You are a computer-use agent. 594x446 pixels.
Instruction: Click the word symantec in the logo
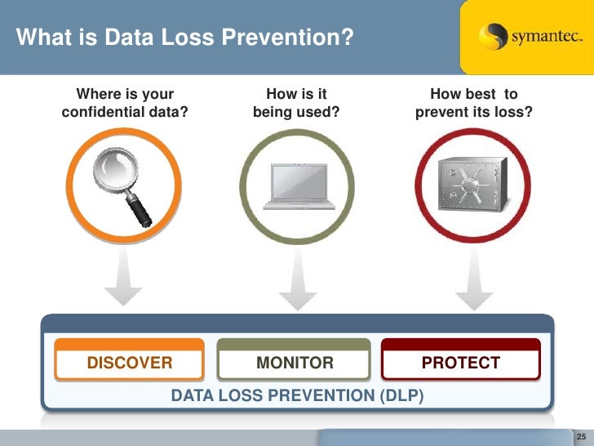tap(544, 38)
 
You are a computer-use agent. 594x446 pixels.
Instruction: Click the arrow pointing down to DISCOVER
tap(123, 278)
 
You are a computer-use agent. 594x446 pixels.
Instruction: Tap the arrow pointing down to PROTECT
tap(472, 278)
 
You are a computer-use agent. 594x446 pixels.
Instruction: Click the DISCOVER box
tap(130, 362)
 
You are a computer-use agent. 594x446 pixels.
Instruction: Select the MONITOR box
tap(295, 362)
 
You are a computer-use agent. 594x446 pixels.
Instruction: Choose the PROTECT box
tap(460, 362)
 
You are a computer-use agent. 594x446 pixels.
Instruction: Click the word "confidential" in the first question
tap(100, 111)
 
